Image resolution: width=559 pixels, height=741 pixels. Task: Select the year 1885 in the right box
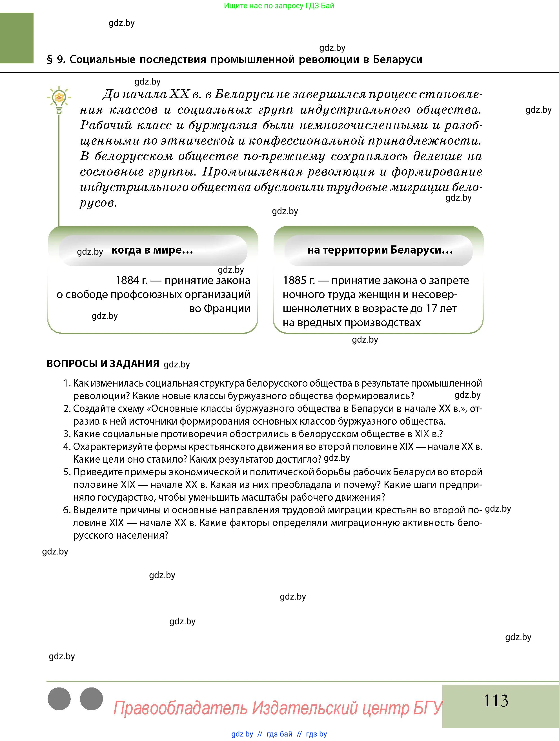tap(294, 280)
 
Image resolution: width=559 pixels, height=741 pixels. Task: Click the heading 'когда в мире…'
tap(152, 250)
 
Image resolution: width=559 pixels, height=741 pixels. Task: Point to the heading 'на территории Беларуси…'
tap(380, 250)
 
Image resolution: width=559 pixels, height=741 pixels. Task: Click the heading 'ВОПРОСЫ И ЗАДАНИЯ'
tap(103, 363)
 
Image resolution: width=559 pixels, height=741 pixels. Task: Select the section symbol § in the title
tap(50, 60)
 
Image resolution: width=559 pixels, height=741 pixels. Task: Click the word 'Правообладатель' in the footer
tap(180, 708)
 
